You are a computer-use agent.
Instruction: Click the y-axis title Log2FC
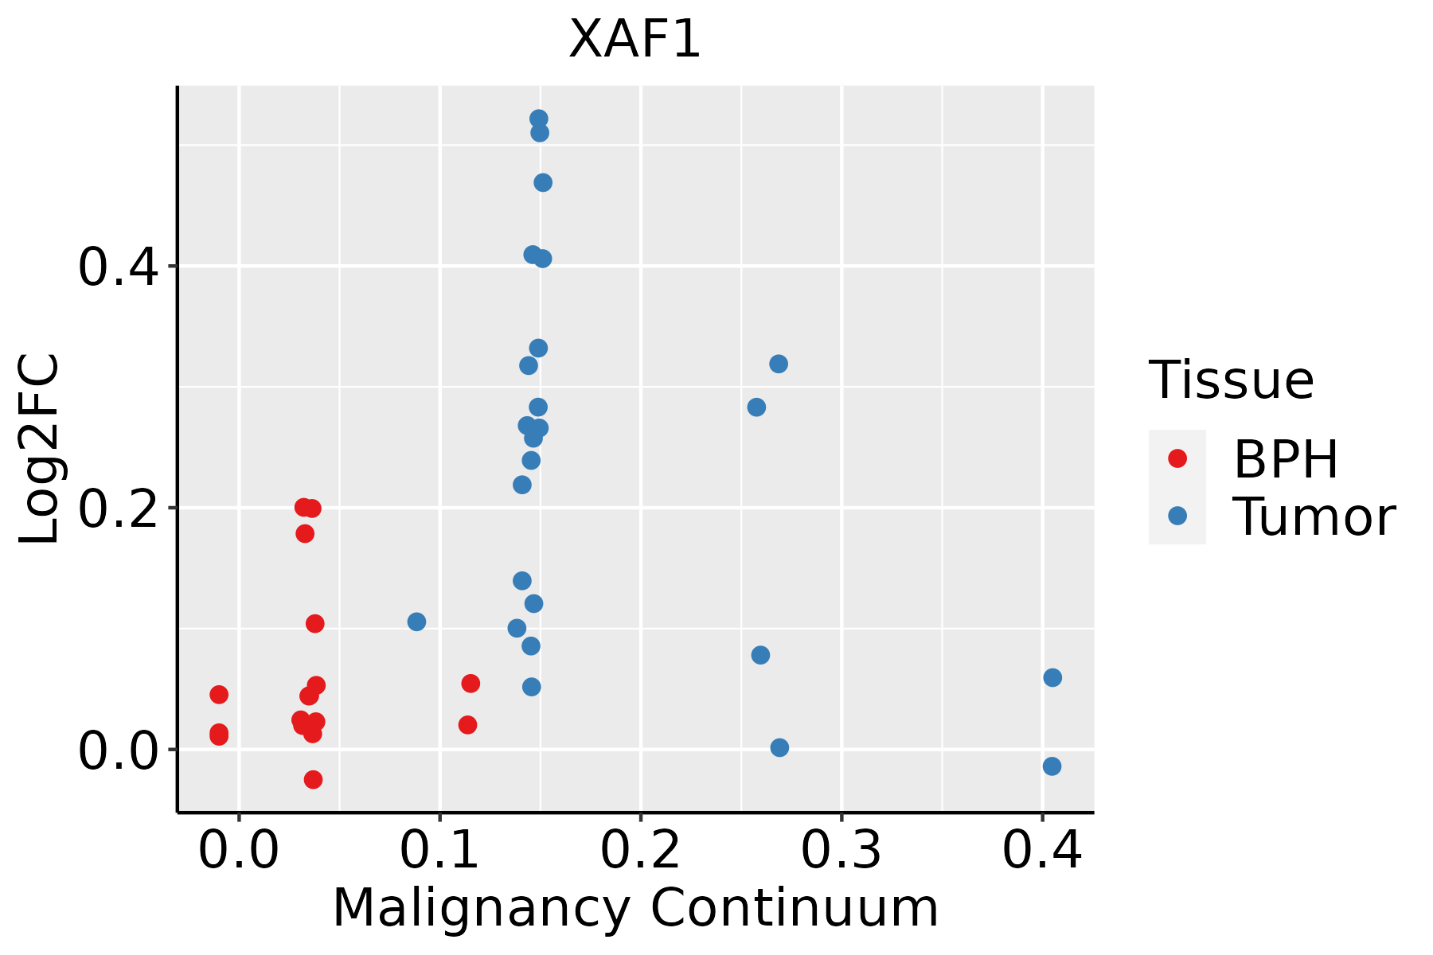pos(40,450)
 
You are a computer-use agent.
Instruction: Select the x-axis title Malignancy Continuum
pos(635,908)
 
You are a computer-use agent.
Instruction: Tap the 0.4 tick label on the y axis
pos(116,267)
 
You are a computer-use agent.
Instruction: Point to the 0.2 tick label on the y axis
pos(116,509)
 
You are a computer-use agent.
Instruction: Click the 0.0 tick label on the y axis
pos(116,751)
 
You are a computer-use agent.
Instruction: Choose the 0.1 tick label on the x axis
pos(439,850)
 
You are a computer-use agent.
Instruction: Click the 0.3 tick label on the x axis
pos(841,850)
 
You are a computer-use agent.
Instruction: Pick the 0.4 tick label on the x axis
pos(1041,850)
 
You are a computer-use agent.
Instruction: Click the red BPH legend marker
pos(1177,458)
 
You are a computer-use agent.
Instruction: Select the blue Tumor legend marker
pos(1177,516)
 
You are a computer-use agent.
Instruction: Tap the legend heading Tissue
pos(1231,380)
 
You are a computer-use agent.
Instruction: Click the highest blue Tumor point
pos(539,119)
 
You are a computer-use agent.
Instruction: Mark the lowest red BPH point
pos(313,779)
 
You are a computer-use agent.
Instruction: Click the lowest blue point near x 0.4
pos(1052,766)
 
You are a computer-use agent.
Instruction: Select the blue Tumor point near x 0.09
pos(416,622)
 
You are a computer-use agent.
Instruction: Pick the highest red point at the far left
pos(219,695)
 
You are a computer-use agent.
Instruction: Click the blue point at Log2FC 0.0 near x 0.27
pos(779,747)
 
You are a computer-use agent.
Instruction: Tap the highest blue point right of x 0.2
pos(779,364)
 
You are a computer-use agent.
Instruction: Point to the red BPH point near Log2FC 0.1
pos(314,623)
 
